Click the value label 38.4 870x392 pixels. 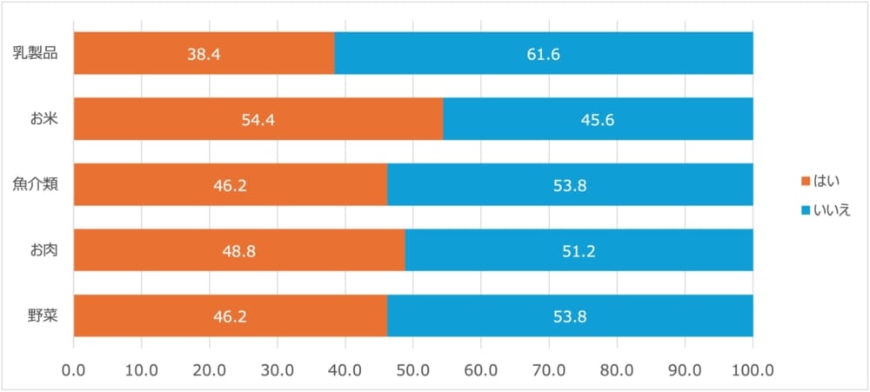pos(204,54)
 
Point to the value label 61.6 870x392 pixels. pos(543,54)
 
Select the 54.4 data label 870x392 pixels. pos(258,119)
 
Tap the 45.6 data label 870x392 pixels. pos(598,119)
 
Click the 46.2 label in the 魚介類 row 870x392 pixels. pos(231,185)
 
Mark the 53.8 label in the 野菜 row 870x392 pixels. pos(570,316)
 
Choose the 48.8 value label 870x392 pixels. pos(239,251)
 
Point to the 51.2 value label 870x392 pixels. pos(579,251)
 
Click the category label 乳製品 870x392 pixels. pos(36,53)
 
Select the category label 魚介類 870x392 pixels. pos(36,184)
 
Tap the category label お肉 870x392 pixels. pos(42,250)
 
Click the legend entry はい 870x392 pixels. pos(821,181)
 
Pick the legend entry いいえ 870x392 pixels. pos(826,209)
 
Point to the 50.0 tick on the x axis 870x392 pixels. pos(413,369)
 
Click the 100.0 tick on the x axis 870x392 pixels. pos(753,369)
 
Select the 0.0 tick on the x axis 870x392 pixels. pos(74,369)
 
